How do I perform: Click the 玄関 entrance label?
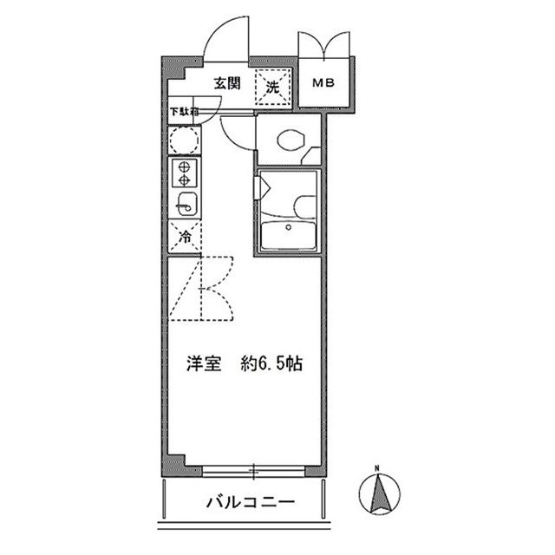point(228,85)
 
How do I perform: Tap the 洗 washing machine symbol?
point(271,87)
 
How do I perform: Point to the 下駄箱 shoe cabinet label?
point(184,112)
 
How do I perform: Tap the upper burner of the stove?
point(184,167)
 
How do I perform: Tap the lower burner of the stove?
point(184,181)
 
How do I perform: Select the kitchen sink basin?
point(185,205)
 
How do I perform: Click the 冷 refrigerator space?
point(185,236)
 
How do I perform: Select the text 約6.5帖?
point(272,364)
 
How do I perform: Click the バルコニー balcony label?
point(251,502)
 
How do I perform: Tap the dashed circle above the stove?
point(185,139)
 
